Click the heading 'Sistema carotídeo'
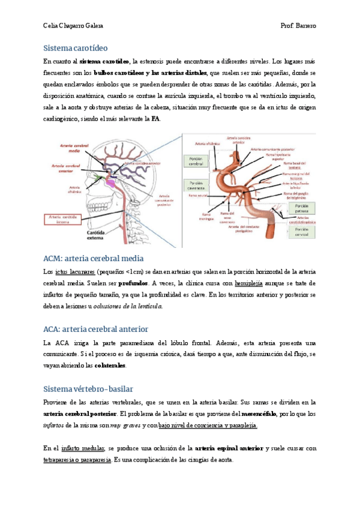pos(76,47)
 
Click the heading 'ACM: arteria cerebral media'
pos(93,259)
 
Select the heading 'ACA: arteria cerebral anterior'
pos(96,330)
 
